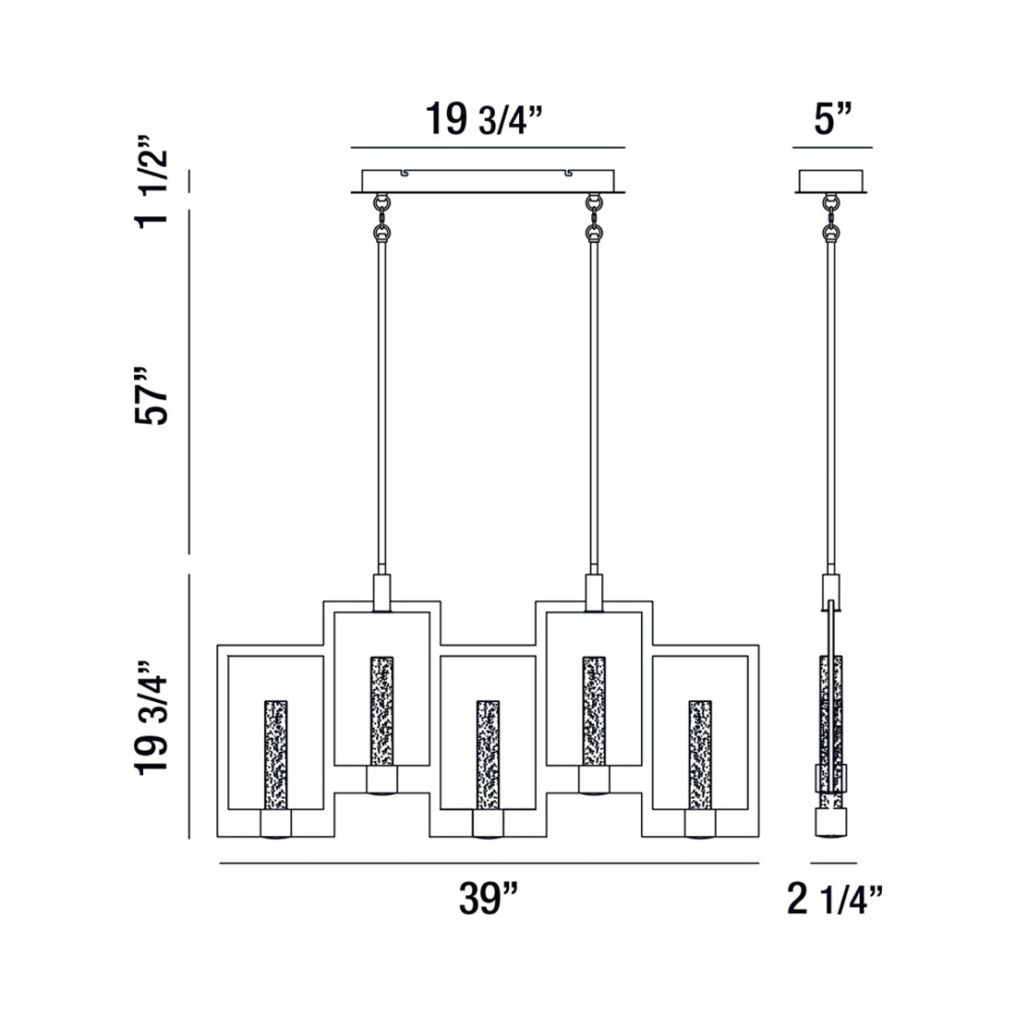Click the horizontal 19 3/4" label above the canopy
[x=487, y=120]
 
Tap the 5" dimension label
[x=832, y=120]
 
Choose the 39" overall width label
[x=489, y=898]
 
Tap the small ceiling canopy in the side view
[x=832, y=181]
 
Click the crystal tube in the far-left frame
[x=275, y=753]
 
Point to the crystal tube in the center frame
[x=488, y=753]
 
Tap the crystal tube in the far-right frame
[x=700, y=753]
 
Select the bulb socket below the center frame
[x=488, y=823]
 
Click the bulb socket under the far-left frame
[x=275, y=823]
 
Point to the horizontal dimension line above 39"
[x=489, y=863]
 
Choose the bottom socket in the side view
[x=831, y=823]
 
